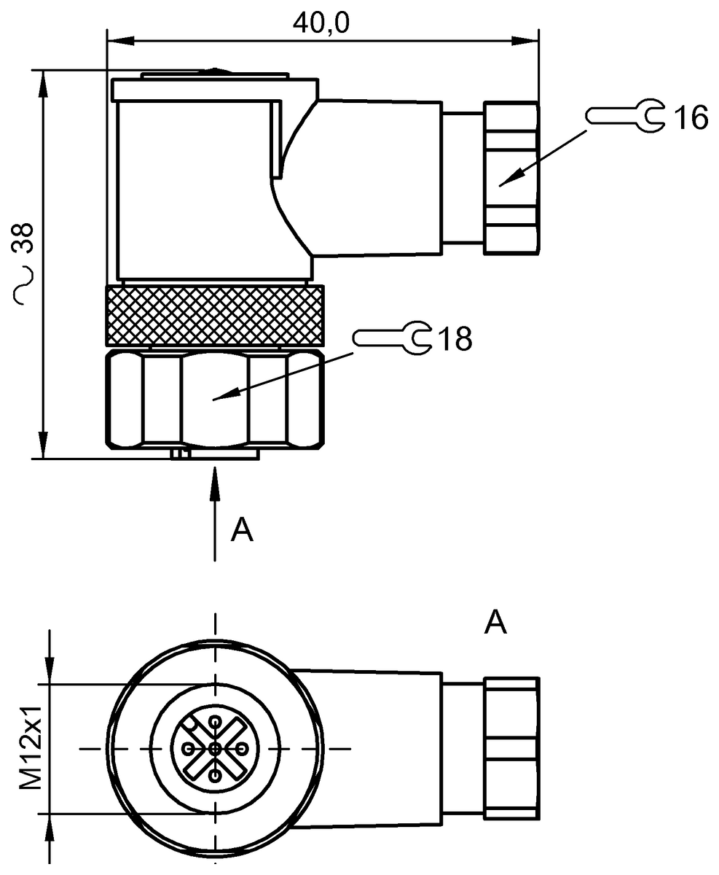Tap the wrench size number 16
pos(690,117)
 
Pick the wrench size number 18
pos(453,338)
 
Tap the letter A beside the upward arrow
pos(241,530)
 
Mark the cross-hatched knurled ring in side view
pos(215,314)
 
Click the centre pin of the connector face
pos(214,749)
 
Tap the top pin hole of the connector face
pos(215,722)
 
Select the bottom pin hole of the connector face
pos(214,776)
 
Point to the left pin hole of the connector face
pos(189,749)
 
